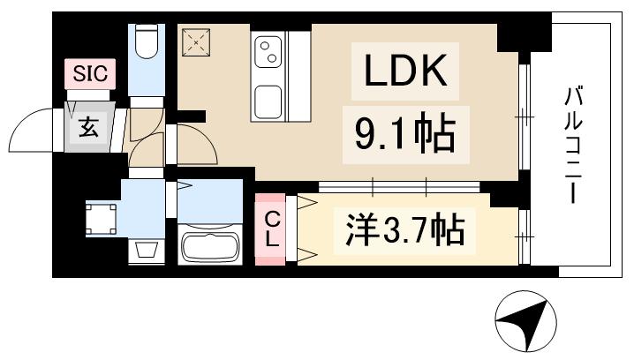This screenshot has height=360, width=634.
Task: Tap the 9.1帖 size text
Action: tap(405, 135)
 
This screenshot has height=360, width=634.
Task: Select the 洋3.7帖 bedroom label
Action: tap(404, 231)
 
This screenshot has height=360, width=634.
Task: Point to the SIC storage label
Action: tap(89, 73)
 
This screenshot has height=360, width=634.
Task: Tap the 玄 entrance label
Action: tap(89, 127)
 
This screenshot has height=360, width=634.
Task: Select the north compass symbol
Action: tap(527, 324)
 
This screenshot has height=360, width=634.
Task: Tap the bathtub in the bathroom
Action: tap(210, 245)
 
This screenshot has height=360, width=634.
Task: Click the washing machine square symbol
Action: tap(102, 217)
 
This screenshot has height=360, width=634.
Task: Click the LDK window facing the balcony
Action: tap(524, 115)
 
